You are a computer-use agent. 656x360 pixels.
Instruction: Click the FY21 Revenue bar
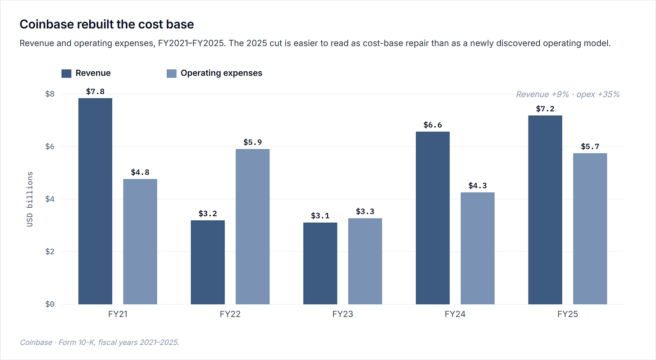[95, 201]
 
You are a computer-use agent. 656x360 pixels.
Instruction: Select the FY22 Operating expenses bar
[252, 227]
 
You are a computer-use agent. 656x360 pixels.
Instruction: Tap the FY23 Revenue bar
[320, 263]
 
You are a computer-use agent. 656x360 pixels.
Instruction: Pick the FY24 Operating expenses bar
[478, 248]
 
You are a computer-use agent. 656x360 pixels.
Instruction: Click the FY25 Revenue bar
[545, 210]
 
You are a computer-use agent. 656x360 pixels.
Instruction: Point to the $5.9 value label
[252, 142]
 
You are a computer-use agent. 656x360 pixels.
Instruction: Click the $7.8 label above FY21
[95, 91]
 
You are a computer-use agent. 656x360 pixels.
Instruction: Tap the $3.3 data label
[365, 211]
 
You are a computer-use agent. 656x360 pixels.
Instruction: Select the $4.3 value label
[478, 186]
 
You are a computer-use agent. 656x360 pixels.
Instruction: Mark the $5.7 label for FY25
[590, 146]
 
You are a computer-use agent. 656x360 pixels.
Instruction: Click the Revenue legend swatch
[66, 73]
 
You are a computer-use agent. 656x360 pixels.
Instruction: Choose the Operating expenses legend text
[221, 73]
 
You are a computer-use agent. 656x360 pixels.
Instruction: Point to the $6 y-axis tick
[50, 146]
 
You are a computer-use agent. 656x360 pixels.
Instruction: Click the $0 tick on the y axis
[50, 304]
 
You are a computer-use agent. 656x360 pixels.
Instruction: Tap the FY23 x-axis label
[342, 314]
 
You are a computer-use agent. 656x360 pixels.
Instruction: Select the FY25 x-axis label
[568, 314]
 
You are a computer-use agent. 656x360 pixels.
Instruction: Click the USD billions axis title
[30, 199]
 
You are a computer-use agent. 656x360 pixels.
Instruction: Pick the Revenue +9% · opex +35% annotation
[568, 94]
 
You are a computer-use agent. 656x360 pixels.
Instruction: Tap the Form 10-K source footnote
[99, 342]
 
